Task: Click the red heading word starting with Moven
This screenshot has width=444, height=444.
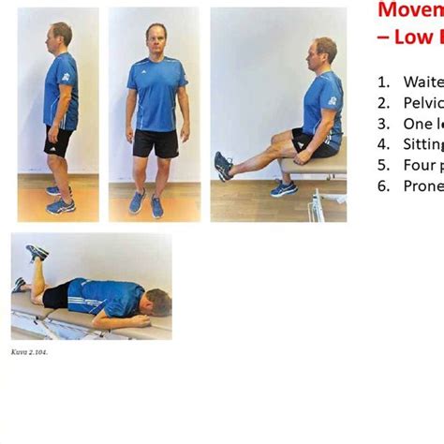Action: pyautogui.click(x=410, y=10)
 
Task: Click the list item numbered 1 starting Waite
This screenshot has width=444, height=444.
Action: pyautogui.click(x=422, y=81)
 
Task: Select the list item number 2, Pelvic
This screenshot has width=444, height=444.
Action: pyautogui.click(x=422, y=102)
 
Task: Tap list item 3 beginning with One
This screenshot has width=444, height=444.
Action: pyautogui.click(x=419, y=123)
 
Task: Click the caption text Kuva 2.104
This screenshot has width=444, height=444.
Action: pyautogui.click(x=29, y=352)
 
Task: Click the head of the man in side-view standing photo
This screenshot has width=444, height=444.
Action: pyautogui.click(x=61, y=36)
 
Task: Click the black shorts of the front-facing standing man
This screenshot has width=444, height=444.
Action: pyautogui.click(x=155, y=142)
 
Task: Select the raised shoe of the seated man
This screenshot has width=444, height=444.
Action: pyautogui.click(x=223, y=166)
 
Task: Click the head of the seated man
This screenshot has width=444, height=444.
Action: pyautogui.click(x=324, y=51)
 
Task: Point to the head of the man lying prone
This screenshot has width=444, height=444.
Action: pyautogui.click(x=156, y=302)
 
